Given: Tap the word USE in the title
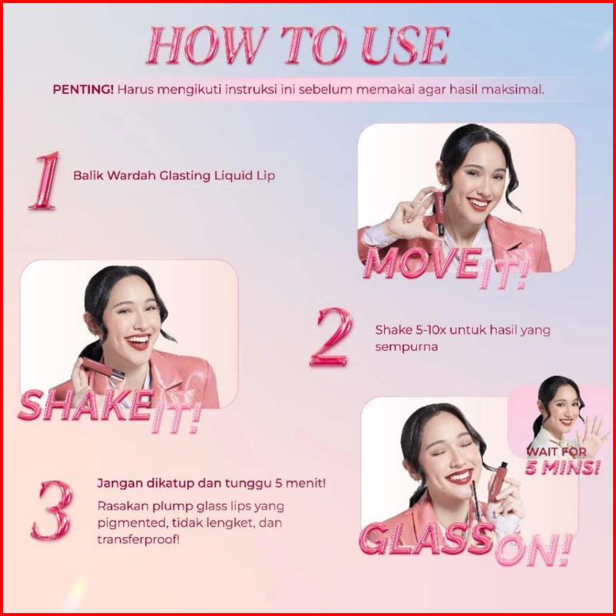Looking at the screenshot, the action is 406,45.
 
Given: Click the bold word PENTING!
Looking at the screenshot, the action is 83,89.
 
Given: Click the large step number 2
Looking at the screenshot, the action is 331,337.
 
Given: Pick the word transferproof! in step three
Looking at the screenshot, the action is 138,539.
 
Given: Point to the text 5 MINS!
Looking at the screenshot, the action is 562,468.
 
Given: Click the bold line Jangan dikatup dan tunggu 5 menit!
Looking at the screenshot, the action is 211,483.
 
